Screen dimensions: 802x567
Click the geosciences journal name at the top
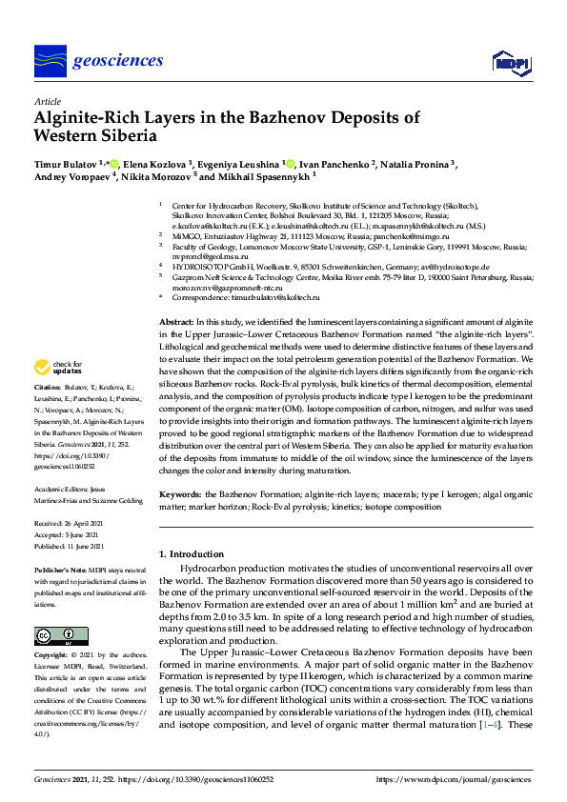click(117, 61)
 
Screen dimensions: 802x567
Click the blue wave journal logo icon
click(50, 61)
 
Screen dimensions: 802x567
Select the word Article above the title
click(47, 101)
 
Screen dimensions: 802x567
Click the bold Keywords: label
click(181, 495)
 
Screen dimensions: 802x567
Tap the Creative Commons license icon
click(55, 635)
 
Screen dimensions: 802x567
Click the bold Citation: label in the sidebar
click(48, 389)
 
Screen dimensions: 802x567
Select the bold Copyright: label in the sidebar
click(52, 655)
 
